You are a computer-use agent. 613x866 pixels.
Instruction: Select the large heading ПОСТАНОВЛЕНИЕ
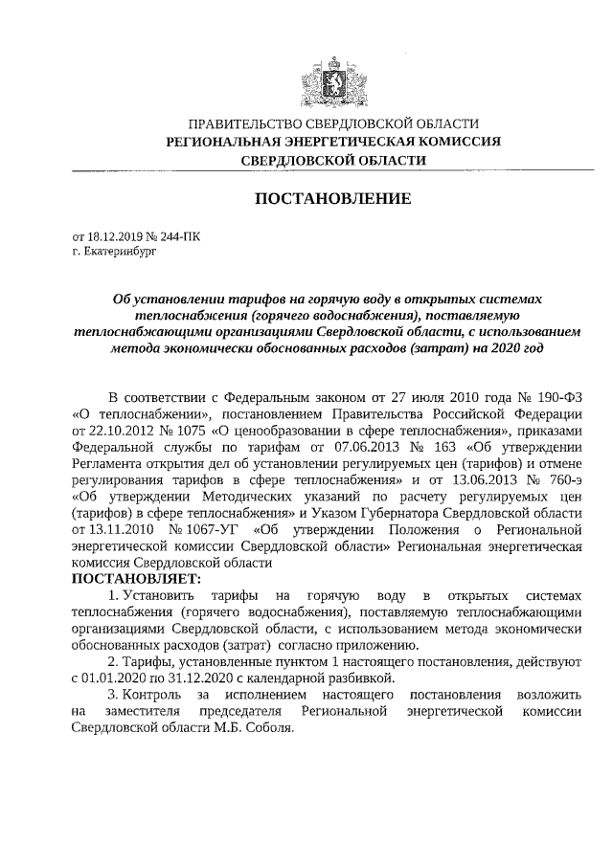[x=332, y=199]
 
